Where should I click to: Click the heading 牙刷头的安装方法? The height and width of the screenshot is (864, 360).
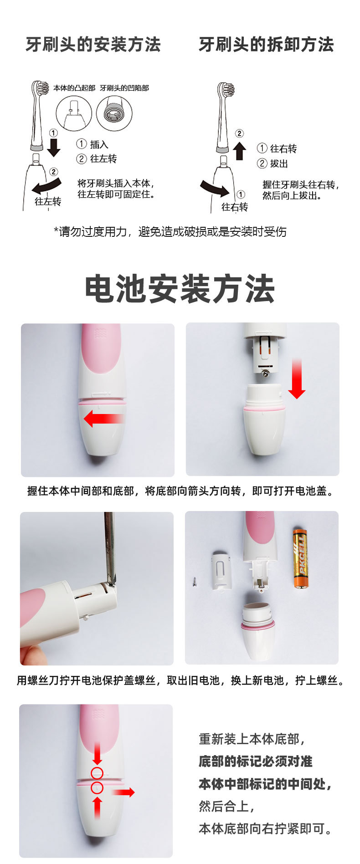tap(93, 45)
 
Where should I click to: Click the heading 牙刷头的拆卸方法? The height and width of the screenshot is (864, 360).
tap(266, 45)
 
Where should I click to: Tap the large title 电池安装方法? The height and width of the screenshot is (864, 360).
tap(180, 289)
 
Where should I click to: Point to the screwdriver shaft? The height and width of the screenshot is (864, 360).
tap(109, 547)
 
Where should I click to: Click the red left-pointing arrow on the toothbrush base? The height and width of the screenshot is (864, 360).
tap(103, 419)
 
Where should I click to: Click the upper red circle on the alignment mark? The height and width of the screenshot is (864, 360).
tap(97, 772)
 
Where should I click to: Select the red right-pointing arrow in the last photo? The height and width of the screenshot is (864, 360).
tap(123, 792)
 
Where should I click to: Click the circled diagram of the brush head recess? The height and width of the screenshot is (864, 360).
tap(114, 113)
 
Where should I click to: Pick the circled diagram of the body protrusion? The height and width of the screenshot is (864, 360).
tap(74, 113)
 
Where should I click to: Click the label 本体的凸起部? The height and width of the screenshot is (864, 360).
tap(74, 88)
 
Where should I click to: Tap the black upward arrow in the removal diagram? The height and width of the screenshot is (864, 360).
tap(239, 151)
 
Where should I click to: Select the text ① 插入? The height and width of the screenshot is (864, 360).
tap(93, 144)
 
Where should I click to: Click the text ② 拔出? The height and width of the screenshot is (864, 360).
tap(273, 164)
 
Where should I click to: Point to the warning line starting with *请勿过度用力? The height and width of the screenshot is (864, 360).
tap(170, 232)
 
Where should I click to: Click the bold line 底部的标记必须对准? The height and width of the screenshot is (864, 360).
tap(255, 761)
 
